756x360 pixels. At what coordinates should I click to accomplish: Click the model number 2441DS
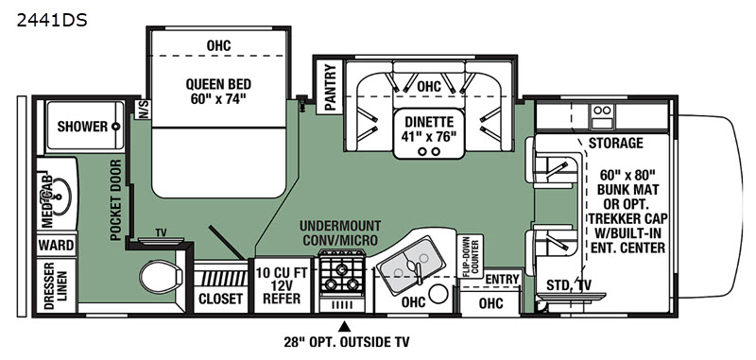click(x=52, y=21)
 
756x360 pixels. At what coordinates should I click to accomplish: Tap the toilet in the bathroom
click(x=161, y=276)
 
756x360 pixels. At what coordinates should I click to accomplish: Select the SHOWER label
click(x=82, y=127)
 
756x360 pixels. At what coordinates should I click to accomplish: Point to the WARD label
click(x=57, y=246)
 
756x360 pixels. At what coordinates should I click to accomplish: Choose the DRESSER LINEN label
click(x=56, y=285)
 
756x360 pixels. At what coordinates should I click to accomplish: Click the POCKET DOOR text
click(x=115, y=200)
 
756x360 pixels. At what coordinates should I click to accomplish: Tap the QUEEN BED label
click(x=218, y=92)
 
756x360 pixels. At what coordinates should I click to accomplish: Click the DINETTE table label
click(x=429, y=129)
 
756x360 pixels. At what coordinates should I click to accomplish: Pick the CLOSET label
click(x=221, y=299)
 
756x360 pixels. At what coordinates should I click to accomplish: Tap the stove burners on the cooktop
click(x=342, y=276)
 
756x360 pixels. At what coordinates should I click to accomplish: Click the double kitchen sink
click(x=410, y=265)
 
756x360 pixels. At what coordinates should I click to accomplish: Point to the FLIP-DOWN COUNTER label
click(x=469, y=257)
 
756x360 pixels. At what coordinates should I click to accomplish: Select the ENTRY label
click(x=502, y=279)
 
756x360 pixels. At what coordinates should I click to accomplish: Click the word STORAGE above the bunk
click(x=616, y=143)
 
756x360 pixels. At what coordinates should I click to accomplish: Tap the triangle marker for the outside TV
click(x=343, y=327)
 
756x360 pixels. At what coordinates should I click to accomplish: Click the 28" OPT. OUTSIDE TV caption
click(x=346, y=343)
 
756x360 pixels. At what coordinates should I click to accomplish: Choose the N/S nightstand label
click(x=144, y=110)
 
